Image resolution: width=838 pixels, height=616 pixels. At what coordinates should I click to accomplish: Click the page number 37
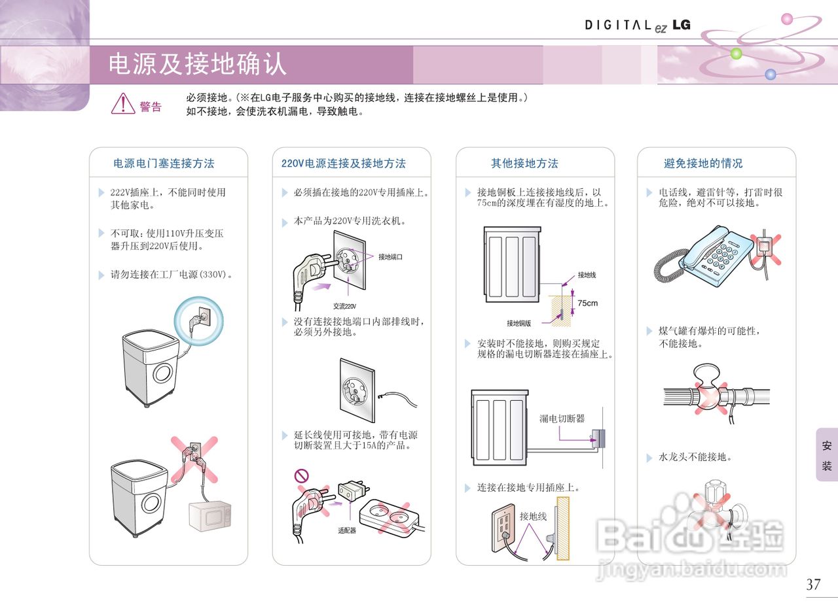(x=813, y=585)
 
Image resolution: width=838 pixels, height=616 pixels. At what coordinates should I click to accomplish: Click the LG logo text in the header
(x=681, y=25)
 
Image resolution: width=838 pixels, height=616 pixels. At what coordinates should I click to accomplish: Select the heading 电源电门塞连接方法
(x=164, y=163)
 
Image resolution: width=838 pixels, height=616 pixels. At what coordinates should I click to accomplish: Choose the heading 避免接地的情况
(x=703, y=163)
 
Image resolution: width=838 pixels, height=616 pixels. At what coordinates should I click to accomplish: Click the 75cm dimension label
(x=587, y=303)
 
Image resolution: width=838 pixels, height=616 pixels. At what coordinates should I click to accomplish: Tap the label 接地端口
(x=390, y=257)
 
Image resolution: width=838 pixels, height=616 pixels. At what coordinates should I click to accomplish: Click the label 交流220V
(x=344, y=306)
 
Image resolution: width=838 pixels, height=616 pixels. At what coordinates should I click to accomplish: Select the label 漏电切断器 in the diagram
(x=562, y=419)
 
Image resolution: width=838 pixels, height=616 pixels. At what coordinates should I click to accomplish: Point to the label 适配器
(x=347, y=530)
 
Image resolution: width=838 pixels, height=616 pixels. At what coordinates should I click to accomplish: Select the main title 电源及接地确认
(x=197, y=64)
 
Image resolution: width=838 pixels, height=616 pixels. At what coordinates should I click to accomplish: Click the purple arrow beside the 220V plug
(x=319, y=286)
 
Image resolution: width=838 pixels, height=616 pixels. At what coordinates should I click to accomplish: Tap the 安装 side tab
(x=827, y=456)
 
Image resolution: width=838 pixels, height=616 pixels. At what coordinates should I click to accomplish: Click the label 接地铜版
(x=519, y=323)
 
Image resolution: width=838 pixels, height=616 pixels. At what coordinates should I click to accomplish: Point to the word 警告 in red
(x=151, y=107)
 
